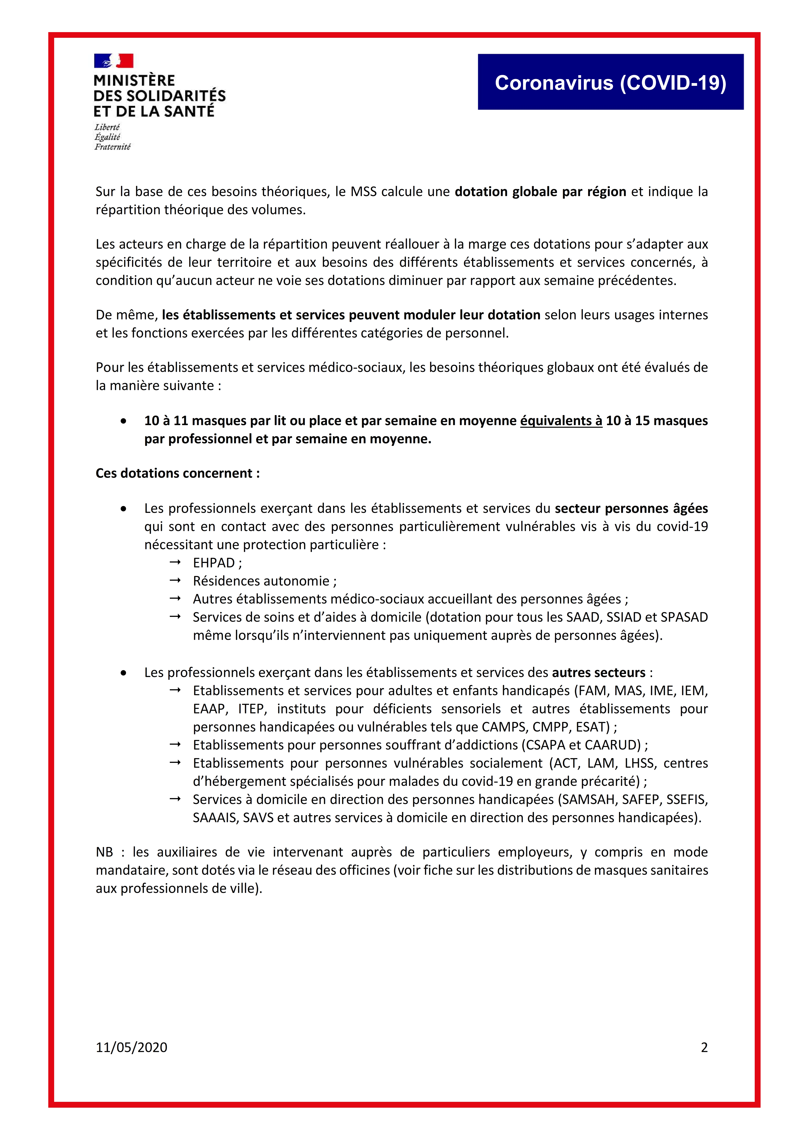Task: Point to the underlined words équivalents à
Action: [x=561, y=421]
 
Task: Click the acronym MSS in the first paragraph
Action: [x=364, y=192]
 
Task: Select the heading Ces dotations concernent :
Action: [x=177, y=473]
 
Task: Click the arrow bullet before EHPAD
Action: [x=175, y=563]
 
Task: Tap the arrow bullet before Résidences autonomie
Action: [x=175, y=580]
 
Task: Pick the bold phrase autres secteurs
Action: [x=598, y=673]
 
